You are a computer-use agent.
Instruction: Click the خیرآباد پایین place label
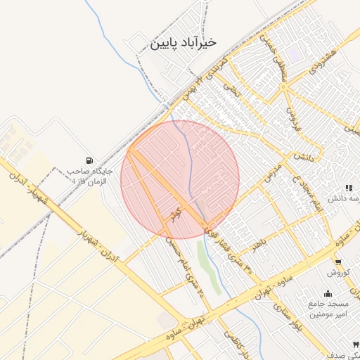181,43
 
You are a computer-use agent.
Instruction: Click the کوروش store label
337,272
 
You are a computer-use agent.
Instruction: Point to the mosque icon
328,293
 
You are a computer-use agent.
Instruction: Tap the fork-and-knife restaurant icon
349,188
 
